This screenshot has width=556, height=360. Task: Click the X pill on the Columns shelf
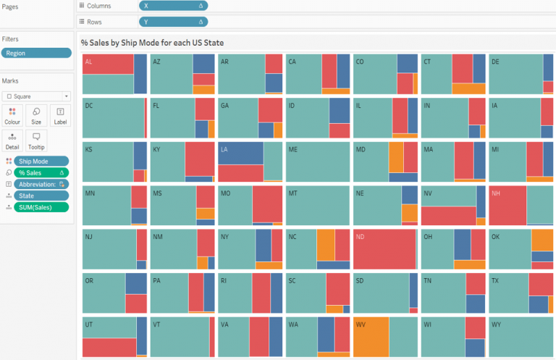(x=173, y=6)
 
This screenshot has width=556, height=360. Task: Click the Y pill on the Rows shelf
(x=173, y=22)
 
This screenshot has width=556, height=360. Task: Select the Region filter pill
(x=36, y=53)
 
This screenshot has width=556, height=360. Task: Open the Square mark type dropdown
(x=36, y=96)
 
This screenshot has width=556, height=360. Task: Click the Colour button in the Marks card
(x=12, y=116)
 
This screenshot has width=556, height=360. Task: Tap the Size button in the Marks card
(x=36, y=116)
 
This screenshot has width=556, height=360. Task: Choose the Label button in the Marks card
(x=60, y=116)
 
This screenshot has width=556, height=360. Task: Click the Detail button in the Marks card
(x=12, y=140)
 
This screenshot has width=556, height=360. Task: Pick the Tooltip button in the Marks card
(x=36, y=140)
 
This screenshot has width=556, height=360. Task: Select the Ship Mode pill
(x=41, y=161)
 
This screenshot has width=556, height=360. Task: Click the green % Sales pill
(x=41, y=172)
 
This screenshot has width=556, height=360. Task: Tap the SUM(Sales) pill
(x=41, y=207)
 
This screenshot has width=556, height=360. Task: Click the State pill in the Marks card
(x=41, y=196)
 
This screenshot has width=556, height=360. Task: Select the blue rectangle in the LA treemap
(x=240, y=153)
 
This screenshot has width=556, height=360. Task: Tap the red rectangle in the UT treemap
(x=109, y=348)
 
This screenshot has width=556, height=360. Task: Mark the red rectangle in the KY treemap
(x=198, y=159)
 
